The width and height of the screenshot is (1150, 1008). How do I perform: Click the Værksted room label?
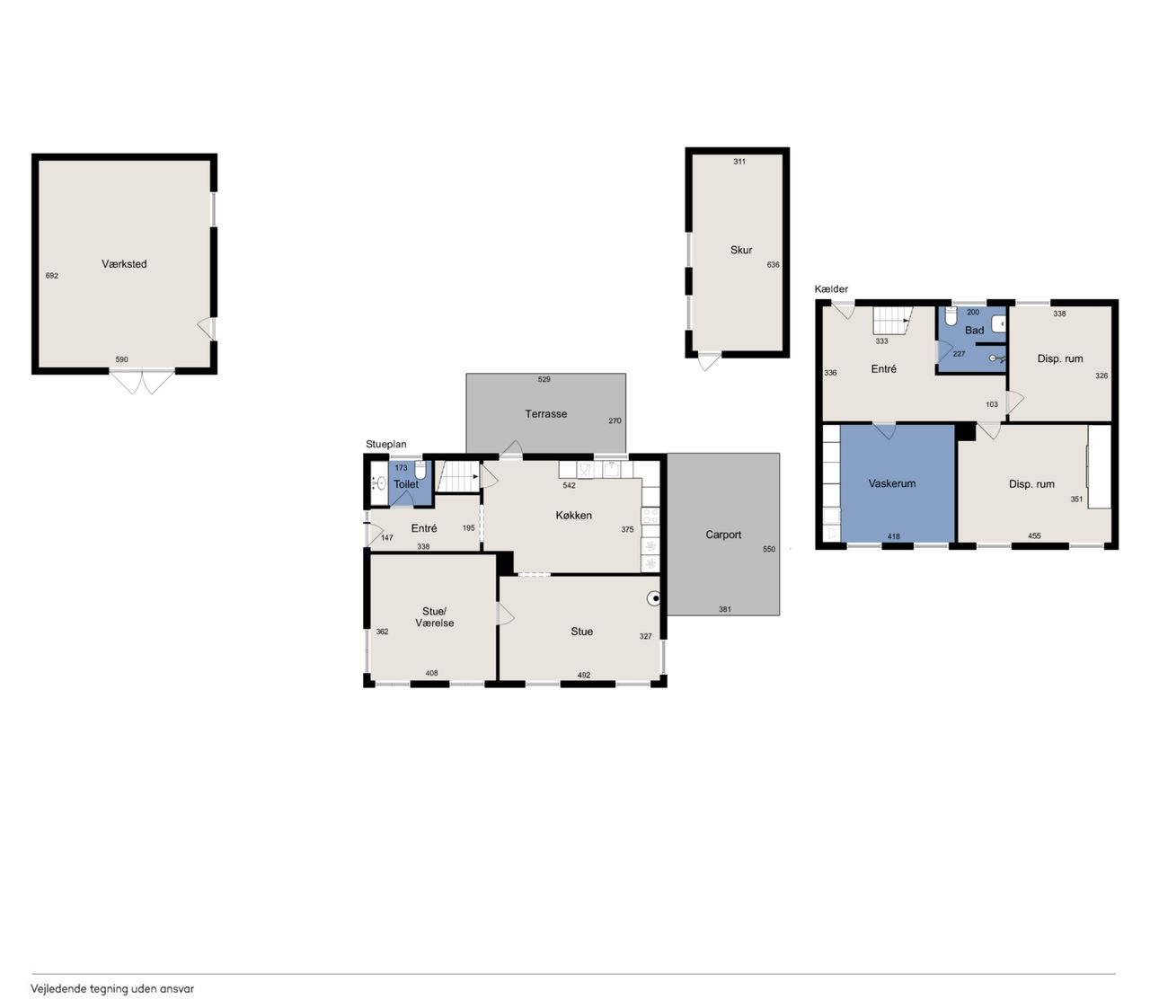coord(124,264)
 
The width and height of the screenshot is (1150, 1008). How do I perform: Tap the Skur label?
coord(740,250)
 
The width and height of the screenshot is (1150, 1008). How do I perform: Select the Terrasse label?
coord(545,414)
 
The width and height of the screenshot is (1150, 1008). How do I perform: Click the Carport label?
coord(723,535)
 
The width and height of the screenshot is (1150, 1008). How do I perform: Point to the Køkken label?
coord(573,516)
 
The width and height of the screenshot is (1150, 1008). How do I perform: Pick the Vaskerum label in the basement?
coord(892,483)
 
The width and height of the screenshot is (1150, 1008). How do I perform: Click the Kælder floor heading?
coord(831,289)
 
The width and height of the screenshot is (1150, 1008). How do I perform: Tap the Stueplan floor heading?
coord(386,445)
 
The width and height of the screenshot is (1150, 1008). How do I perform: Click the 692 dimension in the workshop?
coord(51,276)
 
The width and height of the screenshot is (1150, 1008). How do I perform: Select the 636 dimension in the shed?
coord(773,264)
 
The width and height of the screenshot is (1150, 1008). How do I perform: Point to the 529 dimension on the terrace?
coord(544,379)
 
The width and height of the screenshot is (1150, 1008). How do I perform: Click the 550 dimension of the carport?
coord(768,549)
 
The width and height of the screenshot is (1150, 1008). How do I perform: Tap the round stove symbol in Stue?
coord(654,598)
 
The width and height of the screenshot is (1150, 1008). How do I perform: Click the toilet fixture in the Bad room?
coord(951,315)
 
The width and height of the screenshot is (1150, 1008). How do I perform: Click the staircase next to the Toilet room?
coord(458,476)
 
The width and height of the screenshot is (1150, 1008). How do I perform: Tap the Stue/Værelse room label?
coord(434,617)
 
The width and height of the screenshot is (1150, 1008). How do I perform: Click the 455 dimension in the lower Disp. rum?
coord(1034,535)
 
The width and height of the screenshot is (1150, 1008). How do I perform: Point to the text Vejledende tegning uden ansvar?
coord(112,989)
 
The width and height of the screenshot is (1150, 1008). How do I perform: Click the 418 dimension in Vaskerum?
coord(893,535)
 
